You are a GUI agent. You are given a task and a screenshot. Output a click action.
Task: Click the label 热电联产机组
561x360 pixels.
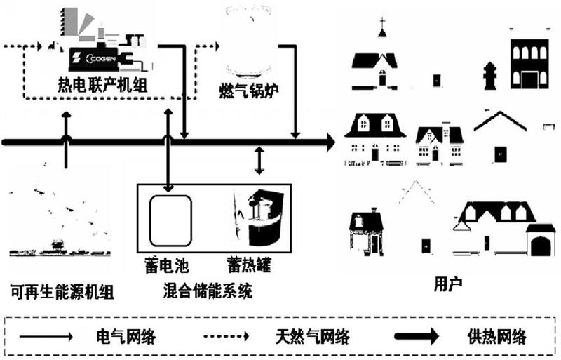click(102, 86)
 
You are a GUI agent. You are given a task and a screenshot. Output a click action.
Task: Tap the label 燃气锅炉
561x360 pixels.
click(249, 91)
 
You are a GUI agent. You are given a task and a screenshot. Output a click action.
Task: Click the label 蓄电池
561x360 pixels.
click(167, 265)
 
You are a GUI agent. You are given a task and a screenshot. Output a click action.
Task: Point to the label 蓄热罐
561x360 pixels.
click(249, 265)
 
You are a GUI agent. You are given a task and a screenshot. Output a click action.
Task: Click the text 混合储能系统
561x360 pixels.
click(208, 291)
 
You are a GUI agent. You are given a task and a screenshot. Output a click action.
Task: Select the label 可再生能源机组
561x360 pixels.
click(62, 292)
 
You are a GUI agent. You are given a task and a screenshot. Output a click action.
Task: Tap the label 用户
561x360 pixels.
click(448, 284)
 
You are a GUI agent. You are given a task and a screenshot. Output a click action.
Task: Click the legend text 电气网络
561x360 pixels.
click(126, 337)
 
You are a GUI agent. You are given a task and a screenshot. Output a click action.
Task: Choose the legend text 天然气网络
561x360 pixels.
click(313, 337)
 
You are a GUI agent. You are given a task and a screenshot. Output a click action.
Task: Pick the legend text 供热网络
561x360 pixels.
click(497, 337)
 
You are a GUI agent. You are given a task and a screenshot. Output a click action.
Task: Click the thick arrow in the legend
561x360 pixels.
click(417, 336)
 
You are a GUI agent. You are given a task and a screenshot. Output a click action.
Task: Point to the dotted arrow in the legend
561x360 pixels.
click(226, 336)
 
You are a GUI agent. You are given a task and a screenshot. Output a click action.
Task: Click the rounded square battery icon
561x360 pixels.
click(170, 221)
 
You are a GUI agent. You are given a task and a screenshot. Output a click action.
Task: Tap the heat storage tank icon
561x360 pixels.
click(258, 217)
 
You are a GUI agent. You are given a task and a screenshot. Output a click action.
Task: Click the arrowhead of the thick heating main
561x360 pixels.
click(329, 142)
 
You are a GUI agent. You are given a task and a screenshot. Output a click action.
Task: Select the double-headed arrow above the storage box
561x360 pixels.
click(259, 161)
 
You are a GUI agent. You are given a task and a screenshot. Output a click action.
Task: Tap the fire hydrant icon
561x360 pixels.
click(489, 76)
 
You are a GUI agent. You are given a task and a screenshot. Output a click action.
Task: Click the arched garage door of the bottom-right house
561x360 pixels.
click(541, 246)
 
